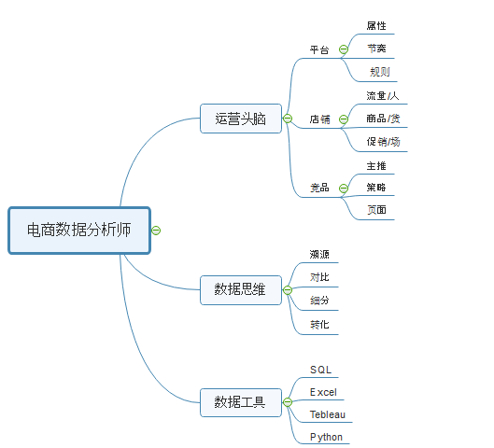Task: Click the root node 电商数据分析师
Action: pyautogui.click(x=78, y=230)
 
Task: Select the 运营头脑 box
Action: pyautogui.click(x=241, y=119)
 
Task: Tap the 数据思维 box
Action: pyautogui.click(x=241, y=290)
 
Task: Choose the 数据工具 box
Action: pyautogui.click(x=241, y=403)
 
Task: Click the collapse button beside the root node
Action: pyautogui.click(x=156, y=230)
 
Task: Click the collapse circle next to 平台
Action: pyautogui.click(x=344, y=49)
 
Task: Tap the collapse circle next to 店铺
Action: pyautogui.click(x=344, y=119)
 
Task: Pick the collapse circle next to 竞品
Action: pyautogui.click(x=344, y=188)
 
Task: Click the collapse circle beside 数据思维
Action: pyautogui.click(x=289, y=290)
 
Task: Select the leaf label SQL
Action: pyautogui.click(x=320, y=371)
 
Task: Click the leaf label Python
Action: pyautogui.click(x=326, y=437)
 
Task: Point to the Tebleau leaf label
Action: pyautogui.click(x=328, y=413)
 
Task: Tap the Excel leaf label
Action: pyautogui.click(x=323, y=392)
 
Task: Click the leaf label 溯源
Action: pyautogui.click(x=319, y=254)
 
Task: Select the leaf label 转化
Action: pyautogui.click(x=319, y=325)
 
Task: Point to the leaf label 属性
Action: pyautogui.click(x=376, y=26)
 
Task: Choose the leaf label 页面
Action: pyautogui.click(x=376, y=210)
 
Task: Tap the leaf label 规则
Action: pyautogui.click(x=380, y=71)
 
